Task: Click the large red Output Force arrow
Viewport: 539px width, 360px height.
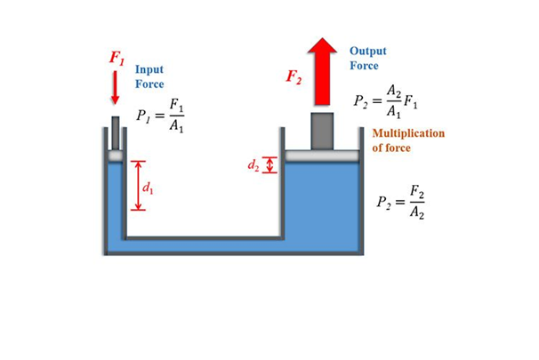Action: point(321,76)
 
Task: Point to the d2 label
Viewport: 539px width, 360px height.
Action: point(253,164)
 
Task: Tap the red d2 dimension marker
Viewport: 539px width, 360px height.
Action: point(272,165)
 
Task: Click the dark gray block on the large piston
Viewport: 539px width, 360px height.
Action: point(321,131)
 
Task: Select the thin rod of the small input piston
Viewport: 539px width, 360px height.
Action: point(115,132)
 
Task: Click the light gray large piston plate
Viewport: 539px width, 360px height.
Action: point(321,156)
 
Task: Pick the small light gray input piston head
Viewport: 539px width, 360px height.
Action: point(115,156)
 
